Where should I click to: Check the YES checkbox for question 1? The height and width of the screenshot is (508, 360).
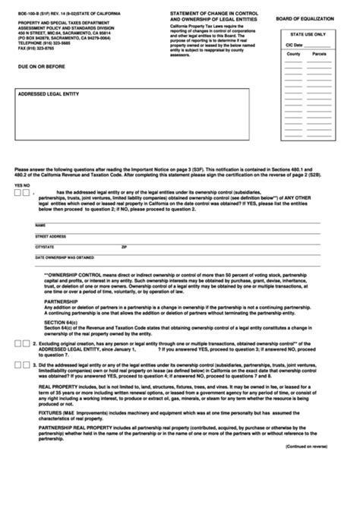[17, 192]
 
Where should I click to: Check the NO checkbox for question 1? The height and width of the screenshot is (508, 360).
[27, 192]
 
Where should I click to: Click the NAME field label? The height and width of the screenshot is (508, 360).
[40, 226]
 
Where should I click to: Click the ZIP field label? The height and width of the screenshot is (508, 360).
[124, 247]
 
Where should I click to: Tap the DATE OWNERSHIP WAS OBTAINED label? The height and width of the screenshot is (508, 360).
[64, 257]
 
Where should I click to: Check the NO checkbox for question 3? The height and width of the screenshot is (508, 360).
[27, 365]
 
